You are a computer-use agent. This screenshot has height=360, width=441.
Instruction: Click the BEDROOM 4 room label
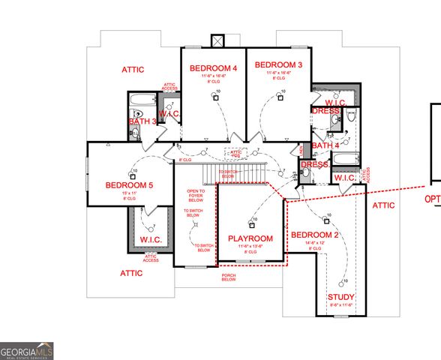214,68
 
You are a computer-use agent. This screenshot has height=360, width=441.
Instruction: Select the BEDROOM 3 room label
278,65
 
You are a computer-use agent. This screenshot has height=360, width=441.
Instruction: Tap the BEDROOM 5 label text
129,185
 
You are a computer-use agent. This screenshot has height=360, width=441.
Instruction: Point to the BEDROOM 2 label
316,235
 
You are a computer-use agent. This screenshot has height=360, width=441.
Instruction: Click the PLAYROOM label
250,238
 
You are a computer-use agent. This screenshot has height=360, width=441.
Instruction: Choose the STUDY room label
341,298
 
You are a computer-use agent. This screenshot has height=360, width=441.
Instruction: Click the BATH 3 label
142,121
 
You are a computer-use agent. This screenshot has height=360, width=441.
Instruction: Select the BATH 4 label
325,145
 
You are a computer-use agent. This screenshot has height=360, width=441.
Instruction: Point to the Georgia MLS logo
27,350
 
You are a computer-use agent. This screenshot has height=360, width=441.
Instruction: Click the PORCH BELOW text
229,277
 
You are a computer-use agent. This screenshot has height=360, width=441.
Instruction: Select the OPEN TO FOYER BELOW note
195,196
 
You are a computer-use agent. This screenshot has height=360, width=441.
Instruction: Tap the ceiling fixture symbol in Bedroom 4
217,94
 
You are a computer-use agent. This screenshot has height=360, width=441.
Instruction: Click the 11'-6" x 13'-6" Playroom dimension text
250,247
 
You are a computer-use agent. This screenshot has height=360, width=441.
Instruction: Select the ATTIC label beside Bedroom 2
383,205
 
